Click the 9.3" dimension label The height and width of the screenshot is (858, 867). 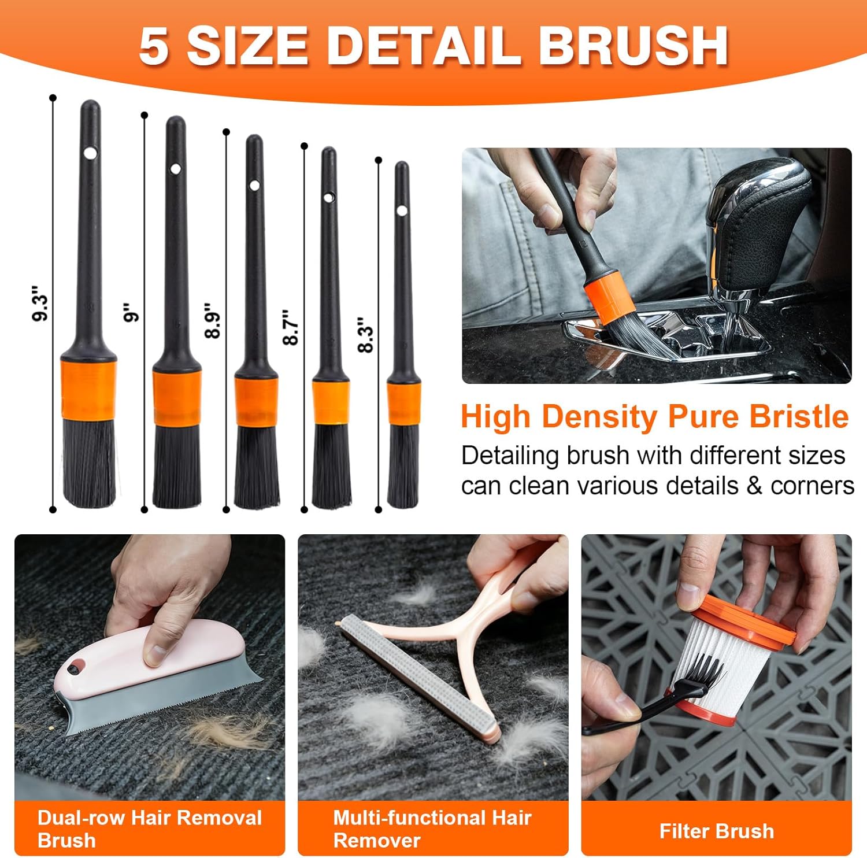pos(40,302)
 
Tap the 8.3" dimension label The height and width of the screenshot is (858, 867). pos(365,334)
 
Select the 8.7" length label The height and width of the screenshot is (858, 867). pos(290,327)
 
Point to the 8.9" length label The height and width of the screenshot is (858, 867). pos(213,320)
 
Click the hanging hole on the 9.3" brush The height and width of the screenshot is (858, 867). pos(90,153)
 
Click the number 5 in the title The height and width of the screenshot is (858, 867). pos(154,46)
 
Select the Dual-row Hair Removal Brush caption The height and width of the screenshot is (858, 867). pos(150,829)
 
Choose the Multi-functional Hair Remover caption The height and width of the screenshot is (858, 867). pos(432,829)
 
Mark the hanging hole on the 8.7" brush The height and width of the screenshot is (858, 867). pos(328,198)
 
